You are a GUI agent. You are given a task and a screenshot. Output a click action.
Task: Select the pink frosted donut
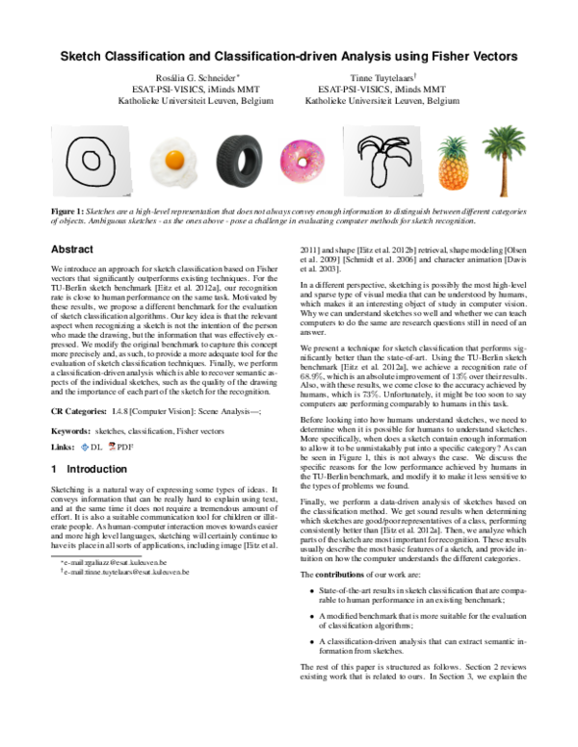[x=302, y=158]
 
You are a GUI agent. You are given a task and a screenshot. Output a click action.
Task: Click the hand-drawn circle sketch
[x=93, y=158]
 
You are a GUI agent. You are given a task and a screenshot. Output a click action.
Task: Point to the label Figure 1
[x=70, y=209]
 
